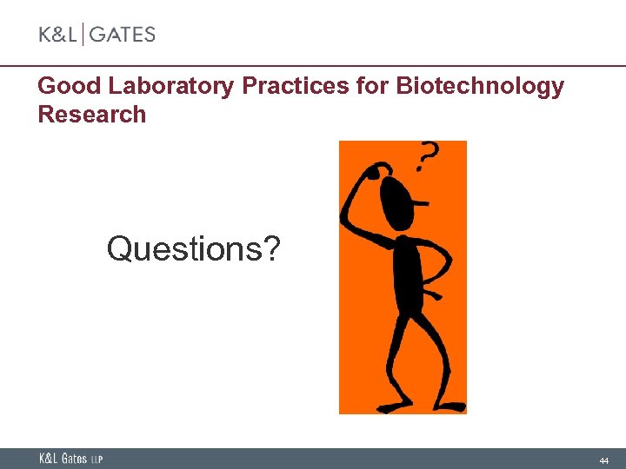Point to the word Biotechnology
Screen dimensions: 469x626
(480, 87)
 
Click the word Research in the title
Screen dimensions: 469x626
(92, 115)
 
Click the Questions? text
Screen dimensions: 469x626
(194, 249)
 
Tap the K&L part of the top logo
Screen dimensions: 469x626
(57, 35)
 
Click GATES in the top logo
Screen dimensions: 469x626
(123, 35)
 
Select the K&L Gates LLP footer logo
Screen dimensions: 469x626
(70, 459)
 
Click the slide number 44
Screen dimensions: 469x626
(603, 459)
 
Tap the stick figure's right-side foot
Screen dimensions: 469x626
(451, 405)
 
